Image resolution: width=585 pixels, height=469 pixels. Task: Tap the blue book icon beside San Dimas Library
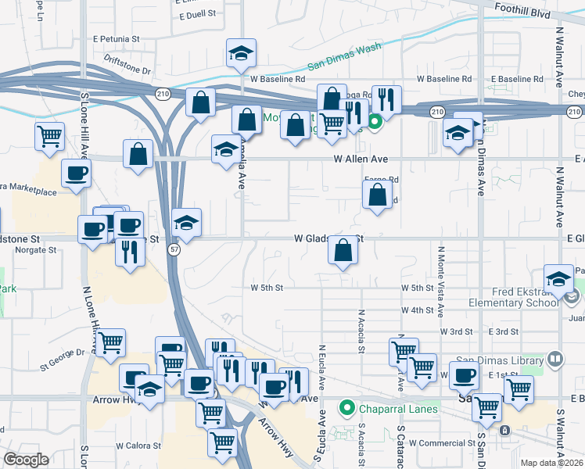[x=555, y=360]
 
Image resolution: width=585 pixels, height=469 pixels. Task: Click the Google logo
[x=26, y=460]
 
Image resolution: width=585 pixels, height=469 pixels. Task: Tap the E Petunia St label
[x=116, y=38]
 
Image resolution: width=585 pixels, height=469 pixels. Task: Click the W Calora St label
[x=138, y=446]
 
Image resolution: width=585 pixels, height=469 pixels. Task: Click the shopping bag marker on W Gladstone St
[x=343, y=251]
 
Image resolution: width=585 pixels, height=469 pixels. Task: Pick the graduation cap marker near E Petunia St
[x=242, y=54]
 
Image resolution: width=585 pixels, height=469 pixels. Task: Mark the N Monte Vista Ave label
[x=441, y=281]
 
